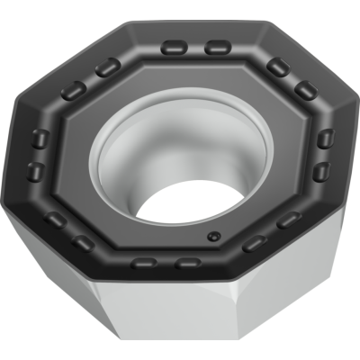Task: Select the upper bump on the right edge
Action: pos(326,138)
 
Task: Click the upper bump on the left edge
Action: pos(39,138)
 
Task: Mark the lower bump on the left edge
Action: pos(35,169)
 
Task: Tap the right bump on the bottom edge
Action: pos(187,263)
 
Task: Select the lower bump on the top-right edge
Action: pos(306,88)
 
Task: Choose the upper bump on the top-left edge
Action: pos(106,67)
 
